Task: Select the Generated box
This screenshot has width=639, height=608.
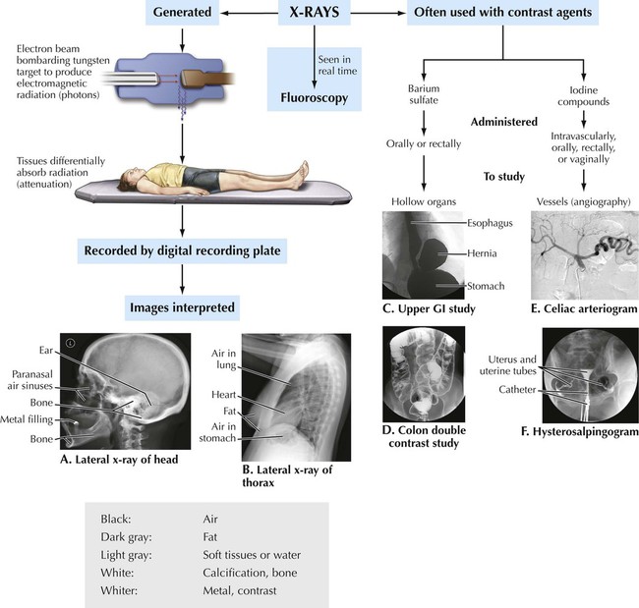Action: coord(183,14)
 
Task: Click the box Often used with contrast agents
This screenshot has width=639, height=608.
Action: coord(503,14)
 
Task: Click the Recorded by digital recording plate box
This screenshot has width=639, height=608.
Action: coord(182,251)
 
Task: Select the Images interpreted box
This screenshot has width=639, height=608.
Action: coord(182,307)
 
